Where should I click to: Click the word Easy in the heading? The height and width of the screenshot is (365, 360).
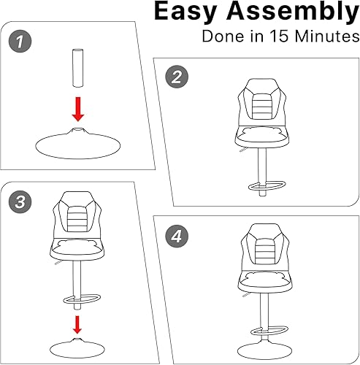(x=192, y=14)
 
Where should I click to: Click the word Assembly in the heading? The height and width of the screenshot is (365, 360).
(x=296, y=14)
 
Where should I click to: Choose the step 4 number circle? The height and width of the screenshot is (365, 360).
(x=174, y=237)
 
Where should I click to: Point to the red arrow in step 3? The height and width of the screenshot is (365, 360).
(x=77, y=323)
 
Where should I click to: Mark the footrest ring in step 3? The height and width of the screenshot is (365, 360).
(x=79, y=299)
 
